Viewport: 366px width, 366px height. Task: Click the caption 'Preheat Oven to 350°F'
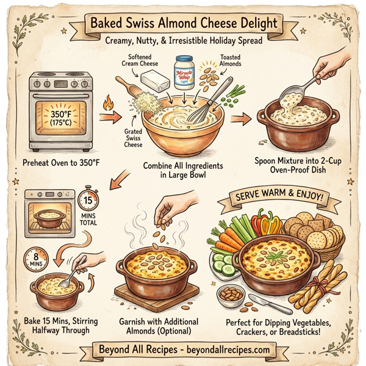tap(61, 163)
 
